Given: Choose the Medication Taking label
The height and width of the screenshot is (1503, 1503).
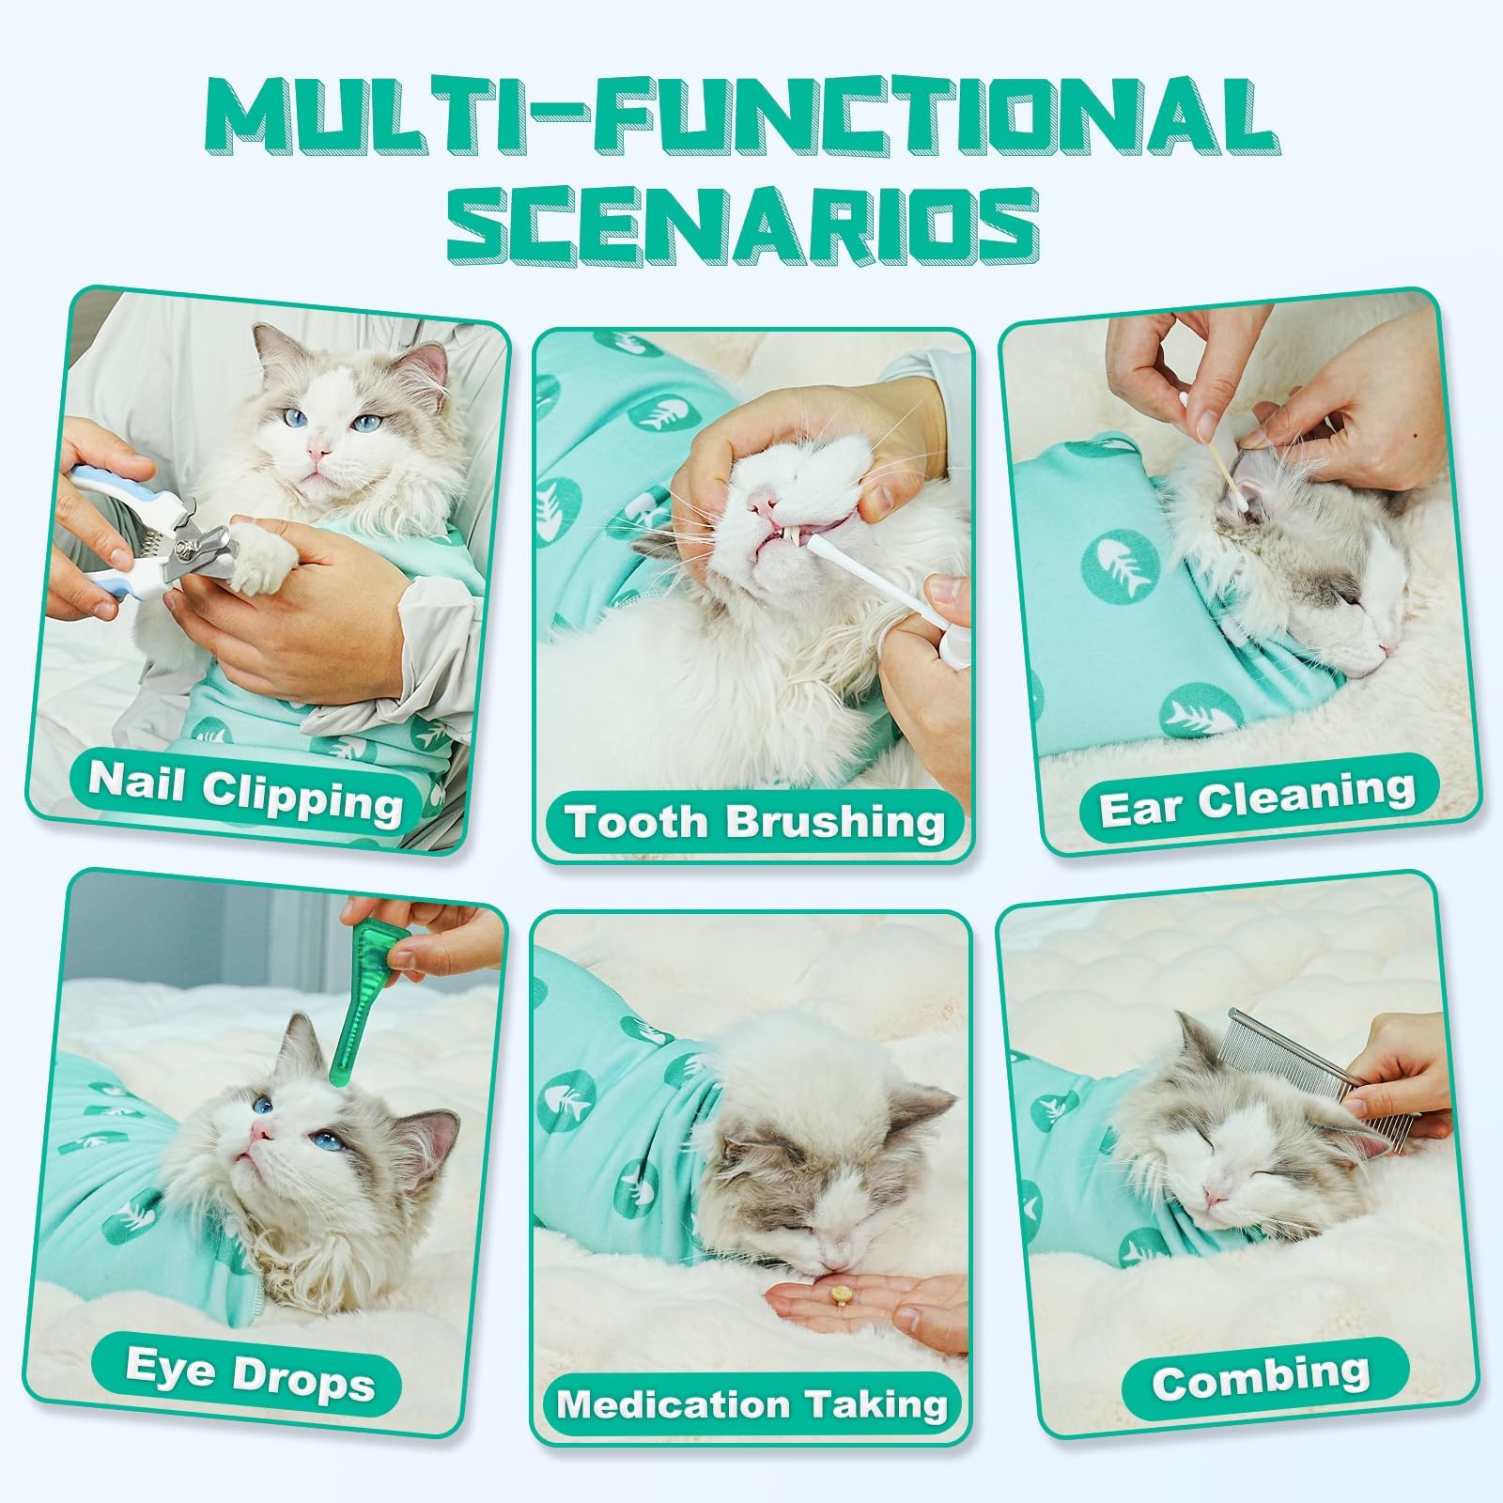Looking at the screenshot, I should click(x=751, y=1404).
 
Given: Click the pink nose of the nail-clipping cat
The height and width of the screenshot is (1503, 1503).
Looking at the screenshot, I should click(x=319, y=455).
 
